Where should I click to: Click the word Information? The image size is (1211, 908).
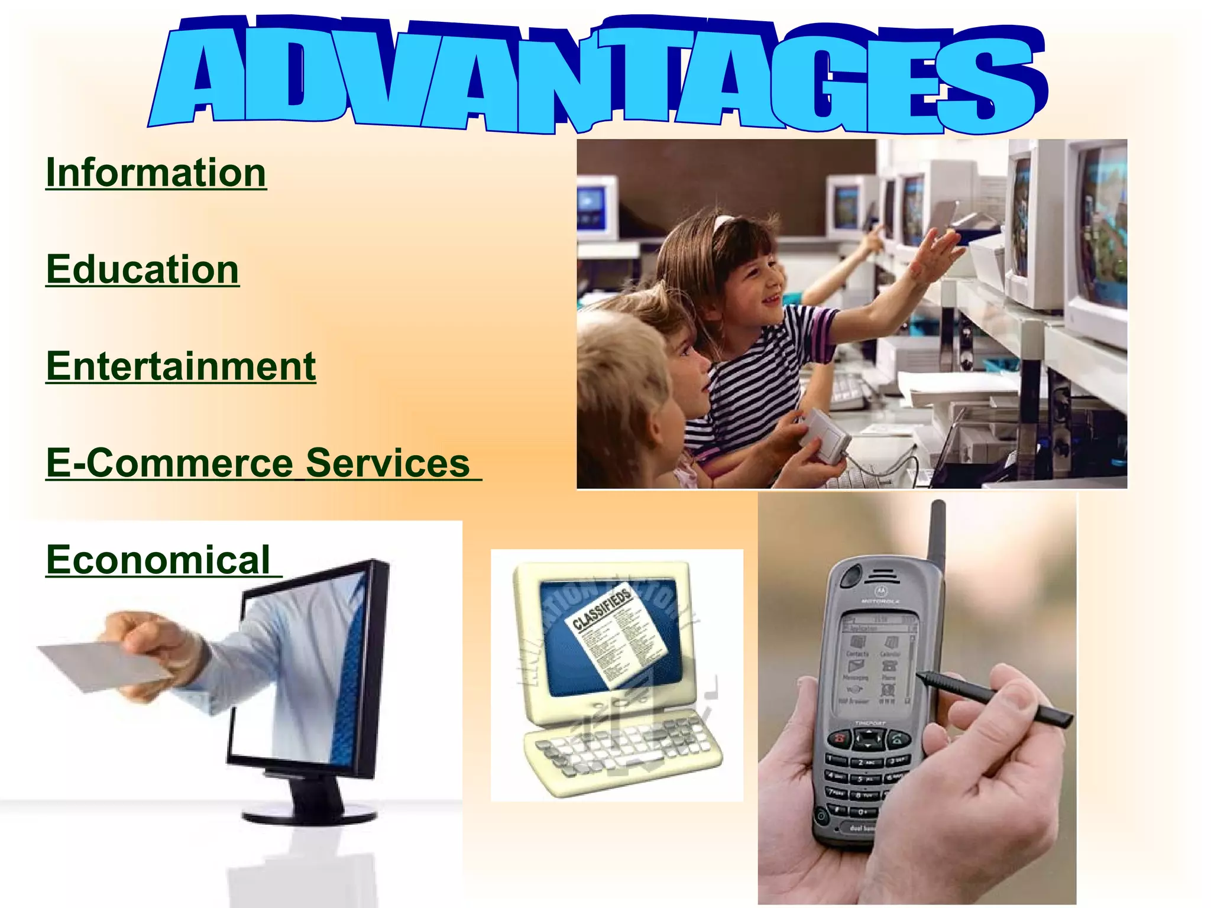[156, 173]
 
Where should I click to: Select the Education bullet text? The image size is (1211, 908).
[143, 270]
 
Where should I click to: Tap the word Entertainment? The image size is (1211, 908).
[181, 367]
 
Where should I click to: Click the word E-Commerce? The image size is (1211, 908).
[169, 463]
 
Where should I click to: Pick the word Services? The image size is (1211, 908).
[387, 463]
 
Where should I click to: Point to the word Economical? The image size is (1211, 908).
[158, 560]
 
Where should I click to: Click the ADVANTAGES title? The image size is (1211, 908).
[597, 74]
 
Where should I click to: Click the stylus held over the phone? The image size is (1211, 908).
[999, 701]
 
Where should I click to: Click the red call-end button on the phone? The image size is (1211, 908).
[838, 739]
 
